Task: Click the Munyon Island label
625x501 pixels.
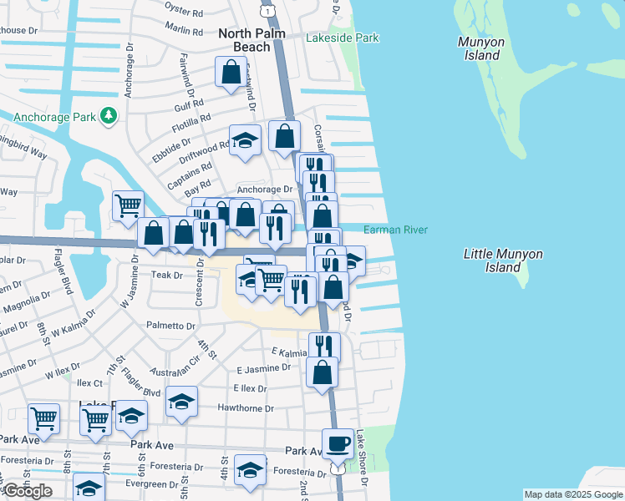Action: click(479, 48)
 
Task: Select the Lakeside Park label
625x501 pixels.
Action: click(342, 38)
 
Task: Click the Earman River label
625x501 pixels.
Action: click(395, 230)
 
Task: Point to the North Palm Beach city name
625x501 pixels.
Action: click(252, 40)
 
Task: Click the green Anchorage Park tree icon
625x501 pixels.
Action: click(108, 116)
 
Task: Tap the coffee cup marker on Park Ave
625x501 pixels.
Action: click(338, 443)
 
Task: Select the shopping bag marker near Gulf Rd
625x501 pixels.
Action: click(230, 73)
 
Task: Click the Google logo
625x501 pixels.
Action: click(27, 491)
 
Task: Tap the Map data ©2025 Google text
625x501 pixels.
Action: click(573, 494)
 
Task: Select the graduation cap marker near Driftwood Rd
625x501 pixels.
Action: click(245, 140)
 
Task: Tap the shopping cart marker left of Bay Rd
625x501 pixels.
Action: click(128, 205)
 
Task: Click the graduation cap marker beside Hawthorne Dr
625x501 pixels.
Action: click(181, 402)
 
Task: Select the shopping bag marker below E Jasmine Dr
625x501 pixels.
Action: click(323, 372)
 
